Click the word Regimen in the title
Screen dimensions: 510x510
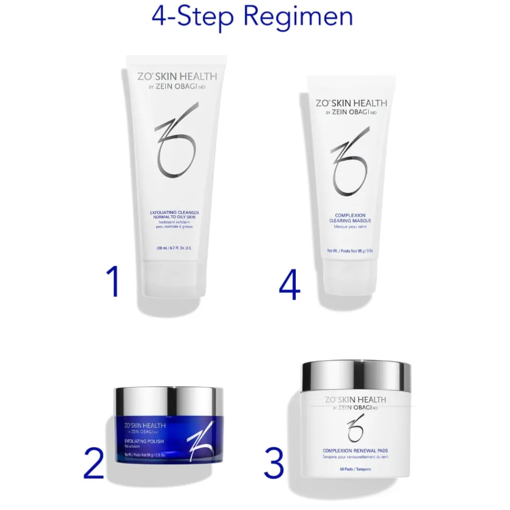298,17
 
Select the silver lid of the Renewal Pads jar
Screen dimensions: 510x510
356,376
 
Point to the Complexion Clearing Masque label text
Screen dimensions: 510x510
350,218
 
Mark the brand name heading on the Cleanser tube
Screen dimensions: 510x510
177,76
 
